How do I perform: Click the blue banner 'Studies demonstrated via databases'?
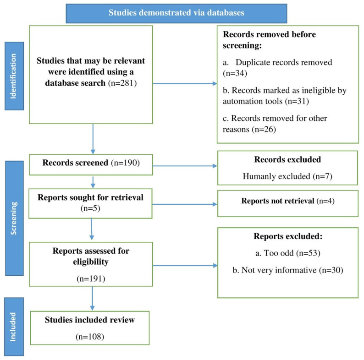pyautogui.click(x=176, y=13)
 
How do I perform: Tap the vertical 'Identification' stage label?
pyautogui.click(x=14, y=76)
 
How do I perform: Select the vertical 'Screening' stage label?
pyautogui.click(x=14, y=218)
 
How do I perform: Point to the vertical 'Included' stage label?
pyautogui.click(x=14, y=327)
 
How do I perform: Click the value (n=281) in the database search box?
pyautogui.click(x=122, y=83)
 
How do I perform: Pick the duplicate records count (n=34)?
pyautogui.click(x=235, y=73)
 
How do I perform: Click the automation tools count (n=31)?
pyautogui.click(x=297, y=101)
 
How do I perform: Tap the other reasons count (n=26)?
pyautogui.click(x=264, y=129)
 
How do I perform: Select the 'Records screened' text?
pyautogui.click(x=75, y=163)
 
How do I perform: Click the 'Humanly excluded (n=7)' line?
pyautogui.click(x=287, y=176)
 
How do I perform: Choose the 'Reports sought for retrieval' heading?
pyautogui.click(x=90, y=197)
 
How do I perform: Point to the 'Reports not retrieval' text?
pyautogui.click(x=278, y=201)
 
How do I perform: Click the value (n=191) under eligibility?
pyautogui.click(x=91, y=278)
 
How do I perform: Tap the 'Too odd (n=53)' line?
pyautogui.click(x=287, y=253)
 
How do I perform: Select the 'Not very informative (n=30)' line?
pyautogui.click(x=288, y=270)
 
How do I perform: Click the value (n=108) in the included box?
pyautogui.click(x=90, y=336)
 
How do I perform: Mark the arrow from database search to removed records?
pyautogui.click(x=185, y=83)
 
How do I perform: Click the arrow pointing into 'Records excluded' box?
pyautogui.click(x=185, y=166)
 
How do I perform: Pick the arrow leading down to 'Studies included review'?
pyautogui.click(x=93, y=298)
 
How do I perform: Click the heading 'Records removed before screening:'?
pyautogui.click(x=269, y=40)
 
